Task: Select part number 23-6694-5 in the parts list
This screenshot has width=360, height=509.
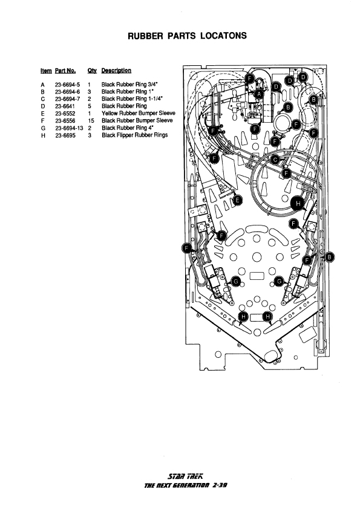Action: (x=67, y=85)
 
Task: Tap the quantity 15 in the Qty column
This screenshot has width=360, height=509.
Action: (x=91, y=121)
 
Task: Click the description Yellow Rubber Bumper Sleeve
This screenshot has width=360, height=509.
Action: (x=139, y=113)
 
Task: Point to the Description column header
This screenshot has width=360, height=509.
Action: (x=116, y=71)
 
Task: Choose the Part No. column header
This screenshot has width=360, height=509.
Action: (x=65, y=71)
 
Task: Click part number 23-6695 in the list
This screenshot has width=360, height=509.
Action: (x=65, y=135)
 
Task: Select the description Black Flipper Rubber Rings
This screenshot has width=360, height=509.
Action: (x=135, y=135)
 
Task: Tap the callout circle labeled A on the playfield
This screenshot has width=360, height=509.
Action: (x=259, y=94)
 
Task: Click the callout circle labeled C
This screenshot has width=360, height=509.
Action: (x=275, y=160)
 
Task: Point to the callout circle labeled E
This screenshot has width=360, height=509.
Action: (x=238, y=200)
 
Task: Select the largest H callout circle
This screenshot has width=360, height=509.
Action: (x=298, y=204)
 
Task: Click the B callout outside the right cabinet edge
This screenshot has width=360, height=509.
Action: (x=330, y=258)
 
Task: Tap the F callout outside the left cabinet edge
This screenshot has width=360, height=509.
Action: (x=186, y=248)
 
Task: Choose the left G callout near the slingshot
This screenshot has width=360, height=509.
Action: (x=236, y=282)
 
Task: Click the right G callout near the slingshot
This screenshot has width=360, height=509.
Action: (x=280, y=282)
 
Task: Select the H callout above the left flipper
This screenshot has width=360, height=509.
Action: (x=243, y=317)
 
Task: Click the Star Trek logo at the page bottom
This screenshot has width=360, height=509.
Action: (x=185, y=476)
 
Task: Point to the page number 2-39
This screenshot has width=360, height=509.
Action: (x=219, y=485)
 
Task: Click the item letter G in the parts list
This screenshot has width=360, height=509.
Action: (x=43, y=128)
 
